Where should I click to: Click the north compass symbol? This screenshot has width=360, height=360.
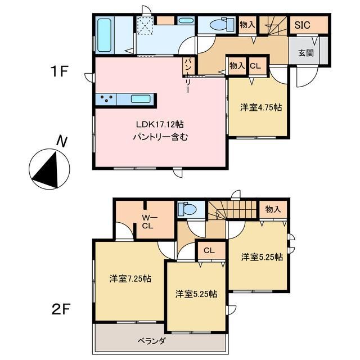point(49,168)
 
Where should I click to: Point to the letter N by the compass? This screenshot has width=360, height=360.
point(64,142)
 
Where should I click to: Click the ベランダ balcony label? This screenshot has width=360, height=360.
point(151,340)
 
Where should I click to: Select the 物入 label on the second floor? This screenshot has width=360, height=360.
point(273,209)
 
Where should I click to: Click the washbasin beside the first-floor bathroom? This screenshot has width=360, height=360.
point(185,21)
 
